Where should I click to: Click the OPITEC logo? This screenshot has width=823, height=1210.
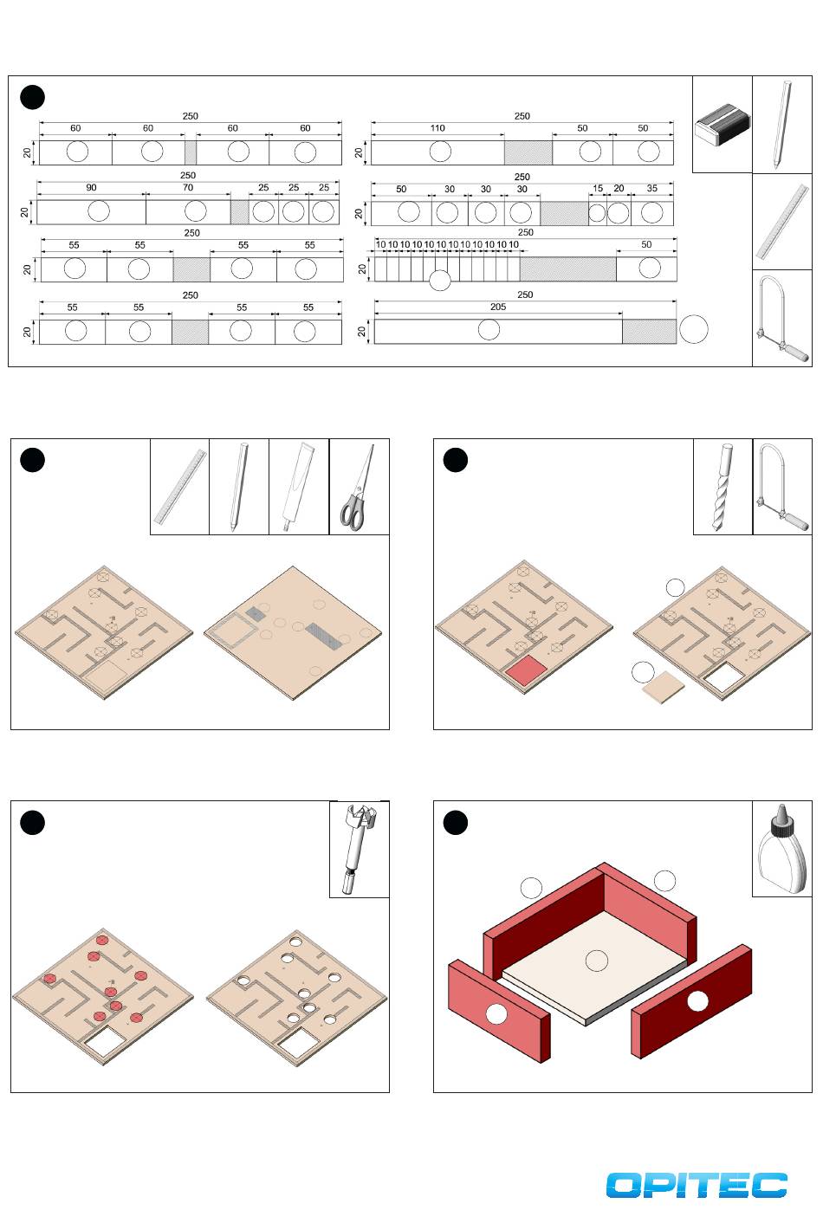click(697, 1185)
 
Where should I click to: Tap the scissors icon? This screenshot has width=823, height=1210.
click(358, 488)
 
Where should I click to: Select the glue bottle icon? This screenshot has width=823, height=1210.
click(781, 851)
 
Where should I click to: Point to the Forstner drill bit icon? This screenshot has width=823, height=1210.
click(358, 850)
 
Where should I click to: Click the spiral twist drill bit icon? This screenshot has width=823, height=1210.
click(723, 488)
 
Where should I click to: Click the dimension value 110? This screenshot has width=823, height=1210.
click(437, 128)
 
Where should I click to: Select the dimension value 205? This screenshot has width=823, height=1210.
click(497, 307)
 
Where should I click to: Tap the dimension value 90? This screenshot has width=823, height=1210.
click(91, 188)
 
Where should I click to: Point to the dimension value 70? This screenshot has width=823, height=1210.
click(188, 188)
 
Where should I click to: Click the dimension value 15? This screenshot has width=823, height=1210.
click(598, 189)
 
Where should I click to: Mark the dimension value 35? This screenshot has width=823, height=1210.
click(652, 189)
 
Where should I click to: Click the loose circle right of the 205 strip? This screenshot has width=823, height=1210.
click(693, 329)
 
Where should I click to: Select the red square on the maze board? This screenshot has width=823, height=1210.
click(526, 670)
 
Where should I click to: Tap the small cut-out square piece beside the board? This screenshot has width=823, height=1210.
click(664, 688)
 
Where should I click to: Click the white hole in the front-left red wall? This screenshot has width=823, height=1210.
click(496, 1013)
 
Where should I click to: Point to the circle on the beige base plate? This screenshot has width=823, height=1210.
click(596, 960)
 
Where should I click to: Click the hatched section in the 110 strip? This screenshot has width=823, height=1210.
click(528, 152)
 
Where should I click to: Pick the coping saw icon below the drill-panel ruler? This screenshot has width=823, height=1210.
click(781, 318)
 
